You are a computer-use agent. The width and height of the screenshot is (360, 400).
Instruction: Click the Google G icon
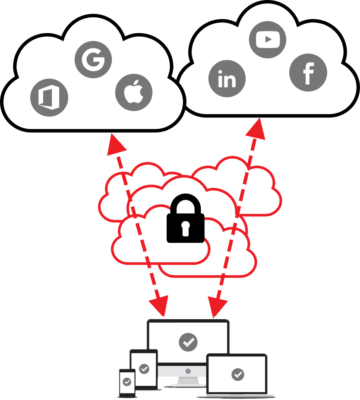point(93,59)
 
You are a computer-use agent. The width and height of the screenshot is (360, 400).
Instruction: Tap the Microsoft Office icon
point(49,98)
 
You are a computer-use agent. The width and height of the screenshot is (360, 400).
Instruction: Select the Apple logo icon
point(134,92)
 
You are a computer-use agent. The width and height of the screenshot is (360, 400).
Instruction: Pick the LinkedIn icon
point(227,79)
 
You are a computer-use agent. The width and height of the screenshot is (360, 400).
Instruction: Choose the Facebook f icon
point(308,73)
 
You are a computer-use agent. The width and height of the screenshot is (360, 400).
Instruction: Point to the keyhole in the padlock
point(186,228)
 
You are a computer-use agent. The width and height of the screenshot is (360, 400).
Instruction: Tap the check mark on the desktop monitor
point(188,342)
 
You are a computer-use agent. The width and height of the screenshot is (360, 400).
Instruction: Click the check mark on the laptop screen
point(237,374)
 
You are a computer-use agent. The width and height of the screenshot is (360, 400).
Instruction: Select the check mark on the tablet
point(144,368)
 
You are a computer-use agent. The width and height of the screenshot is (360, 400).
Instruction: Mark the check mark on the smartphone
point(127,382)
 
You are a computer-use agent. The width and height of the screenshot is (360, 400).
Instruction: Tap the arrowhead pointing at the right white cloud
point(257,129)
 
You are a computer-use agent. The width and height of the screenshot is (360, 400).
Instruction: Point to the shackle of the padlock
point(186,203)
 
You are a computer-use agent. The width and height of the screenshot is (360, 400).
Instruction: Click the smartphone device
point(127,383)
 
